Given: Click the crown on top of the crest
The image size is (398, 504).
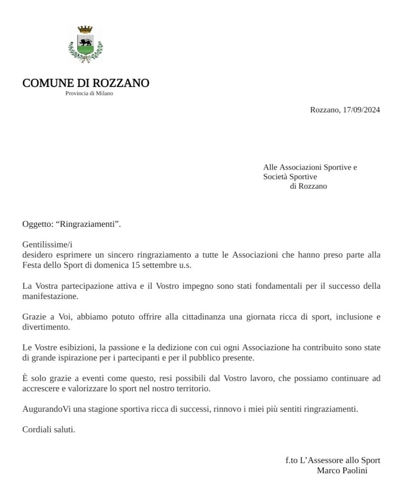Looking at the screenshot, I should click(85, 30).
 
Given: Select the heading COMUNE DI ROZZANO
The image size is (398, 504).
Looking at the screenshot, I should click(86, 83).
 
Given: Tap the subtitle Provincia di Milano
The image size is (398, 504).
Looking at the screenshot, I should click(89, 93).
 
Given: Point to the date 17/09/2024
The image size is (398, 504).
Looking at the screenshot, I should click(361, 110).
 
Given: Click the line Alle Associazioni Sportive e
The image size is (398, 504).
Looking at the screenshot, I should click(310, 167).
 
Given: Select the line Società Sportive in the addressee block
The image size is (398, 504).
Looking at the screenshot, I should click(290, 176).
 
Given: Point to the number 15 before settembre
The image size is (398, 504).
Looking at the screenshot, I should click(127, 264).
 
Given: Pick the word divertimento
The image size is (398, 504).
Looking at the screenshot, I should click(46, 327).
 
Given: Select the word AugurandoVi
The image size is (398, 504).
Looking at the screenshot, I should click(46, 409).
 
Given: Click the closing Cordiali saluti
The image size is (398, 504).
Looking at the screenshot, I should click(49, 429).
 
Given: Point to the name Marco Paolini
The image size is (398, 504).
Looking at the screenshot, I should click(342, 470).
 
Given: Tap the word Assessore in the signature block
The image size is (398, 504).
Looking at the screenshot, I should click(323, 460).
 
